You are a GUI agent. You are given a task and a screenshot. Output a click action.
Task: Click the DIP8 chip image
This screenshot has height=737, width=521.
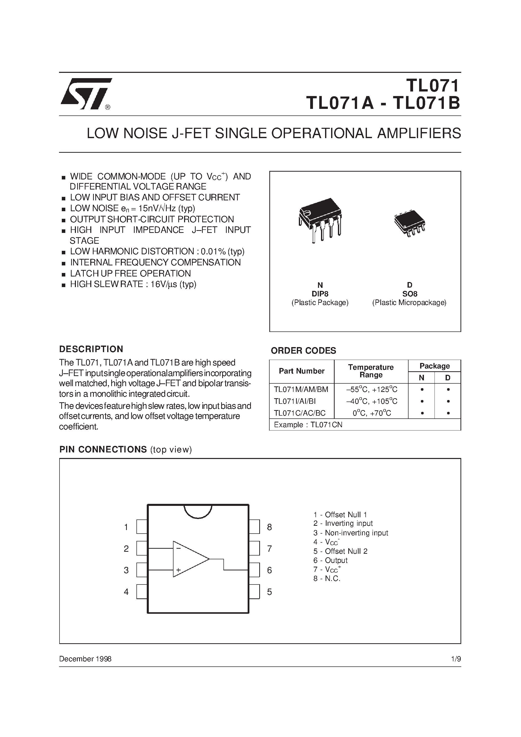320,220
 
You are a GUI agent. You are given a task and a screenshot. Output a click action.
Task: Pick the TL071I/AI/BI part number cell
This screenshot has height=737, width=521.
295,401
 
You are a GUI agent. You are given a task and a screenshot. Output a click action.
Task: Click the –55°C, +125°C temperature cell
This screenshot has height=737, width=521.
371,389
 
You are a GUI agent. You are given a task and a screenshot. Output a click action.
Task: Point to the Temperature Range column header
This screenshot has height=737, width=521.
371,371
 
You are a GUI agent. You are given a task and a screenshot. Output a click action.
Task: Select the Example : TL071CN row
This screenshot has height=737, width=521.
308,425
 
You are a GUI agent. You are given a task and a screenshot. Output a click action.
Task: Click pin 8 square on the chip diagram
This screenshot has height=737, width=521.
254,527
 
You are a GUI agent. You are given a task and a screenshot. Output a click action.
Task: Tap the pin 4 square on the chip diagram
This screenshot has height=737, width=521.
142,592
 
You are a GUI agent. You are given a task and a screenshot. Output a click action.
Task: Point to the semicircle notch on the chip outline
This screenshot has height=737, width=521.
198,511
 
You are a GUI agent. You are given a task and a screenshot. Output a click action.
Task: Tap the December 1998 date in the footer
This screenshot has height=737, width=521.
85,659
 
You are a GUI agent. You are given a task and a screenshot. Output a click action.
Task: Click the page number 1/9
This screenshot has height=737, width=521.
455,659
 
